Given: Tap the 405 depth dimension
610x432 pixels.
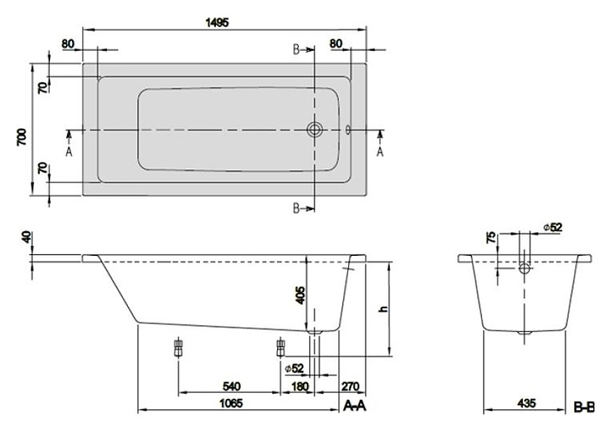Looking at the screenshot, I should pos(298,296).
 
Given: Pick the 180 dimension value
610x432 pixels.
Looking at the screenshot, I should pos(299,386).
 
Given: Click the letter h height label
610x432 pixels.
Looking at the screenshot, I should pos(383,311).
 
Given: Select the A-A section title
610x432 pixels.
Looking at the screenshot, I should pos(355,407).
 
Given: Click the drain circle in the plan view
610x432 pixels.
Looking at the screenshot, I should pos(315,130).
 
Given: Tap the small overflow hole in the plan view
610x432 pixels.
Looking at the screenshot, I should pos(348,130).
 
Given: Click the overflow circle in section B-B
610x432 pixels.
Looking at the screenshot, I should pos(525,269).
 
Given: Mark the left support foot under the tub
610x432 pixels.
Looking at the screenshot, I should pos(178,346).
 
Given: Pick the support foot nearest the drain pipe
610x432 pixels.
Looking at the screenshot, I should pos(280,346).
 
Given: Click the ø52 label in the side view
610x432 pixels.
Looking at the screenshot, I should pos(295,368).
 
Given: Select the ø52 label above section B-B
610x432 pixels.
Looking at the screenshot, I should pos(552,226).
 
